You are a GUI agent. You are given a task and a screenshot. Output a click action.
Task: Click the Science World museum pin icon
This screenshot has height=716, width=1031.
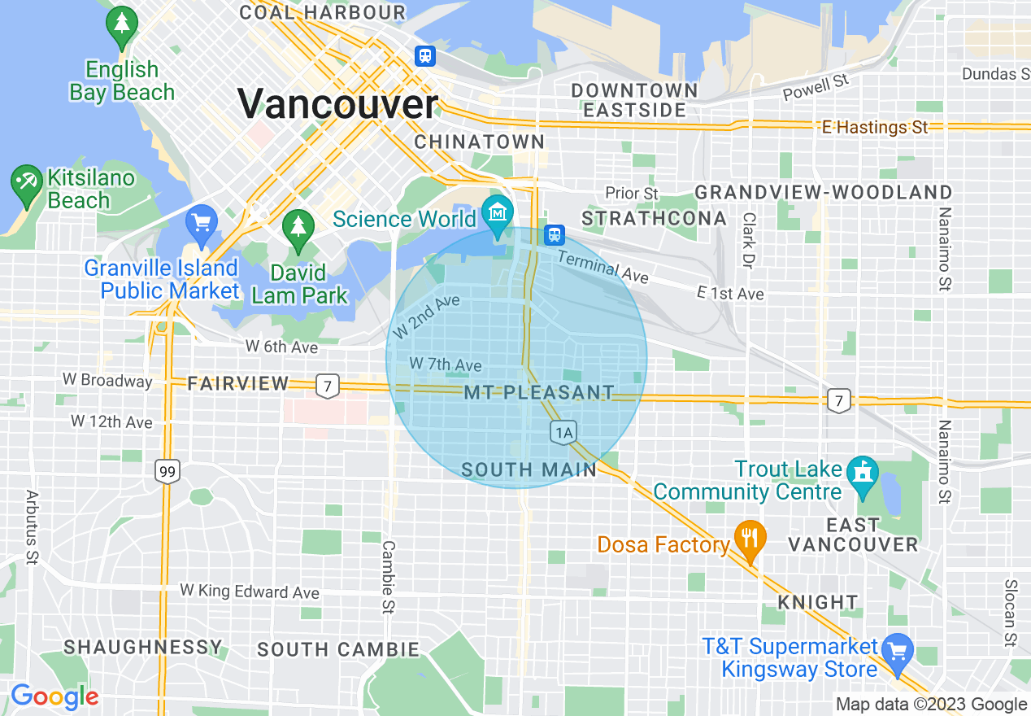(497, 213)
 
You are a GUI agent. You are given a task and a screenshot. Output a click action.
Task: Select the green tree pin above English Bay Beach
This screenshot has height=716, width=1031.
(122, 26)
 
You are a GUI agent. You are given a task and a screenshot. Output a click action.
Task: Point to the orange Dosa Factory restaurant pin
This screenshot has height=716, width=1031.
(748, 539)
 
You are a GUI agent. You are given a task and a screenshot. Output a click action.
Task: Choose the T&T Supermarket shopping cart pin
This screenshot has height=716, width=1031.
(898, 652)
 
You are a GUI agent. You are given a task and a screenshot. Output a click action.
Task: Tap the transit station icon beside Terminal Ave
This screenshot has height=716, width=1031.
(555, 234)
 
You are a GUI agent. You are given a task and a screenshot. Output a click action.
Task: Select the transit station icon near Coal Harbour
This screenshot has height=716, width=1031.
(424, 56)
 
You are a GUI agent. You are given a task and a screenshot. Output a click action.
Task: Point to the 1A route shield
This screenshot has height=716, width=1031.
(563, 431)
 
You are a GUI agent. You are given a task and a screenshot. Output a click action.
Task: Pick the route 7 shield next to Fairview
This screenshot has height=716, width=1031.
(327, 386)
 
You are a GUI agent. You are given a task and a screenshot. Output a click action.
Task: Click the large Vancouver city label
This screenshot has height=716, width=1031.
(337, 105)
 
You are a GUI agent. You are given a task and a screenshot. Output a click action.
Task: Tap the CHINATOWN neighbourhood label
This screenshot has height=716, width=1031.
(480, 142)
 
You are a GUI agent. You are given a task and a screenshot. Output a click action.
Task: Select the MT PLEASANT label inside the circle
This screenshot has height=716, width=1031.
(539, 392)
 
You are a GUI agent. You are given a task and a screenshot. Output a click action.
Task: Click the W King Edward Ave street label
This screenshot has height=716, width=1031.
(250, 592)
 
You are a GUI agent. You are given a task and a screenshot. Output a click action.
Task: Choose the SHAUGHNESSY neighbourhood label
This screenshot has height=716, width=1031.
(143, 647)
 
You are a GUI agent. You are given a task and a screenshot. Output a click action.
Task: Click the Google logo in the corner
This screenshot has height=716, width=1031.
(55, 697)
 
